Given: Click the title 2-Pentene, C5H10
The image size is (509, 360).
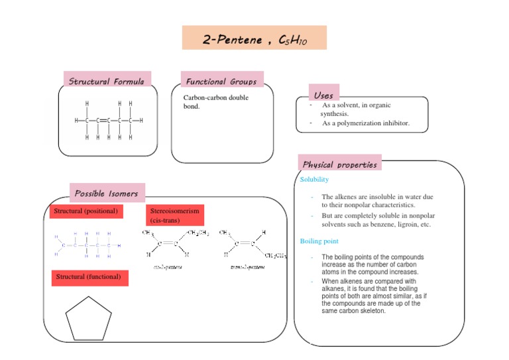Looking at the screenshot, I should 254,38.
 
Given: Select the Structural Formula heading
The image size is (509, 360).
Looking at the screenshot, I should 107,82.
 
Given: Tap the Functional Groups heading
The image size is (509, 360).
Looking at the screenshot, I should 221,82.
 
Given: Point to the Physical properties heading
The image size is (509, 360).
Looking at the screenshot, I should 340,164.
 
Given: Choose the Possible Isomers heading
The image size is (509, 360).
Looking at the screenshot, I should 106,194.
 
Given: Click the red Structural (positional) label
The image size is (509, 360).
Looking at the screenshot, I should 86,211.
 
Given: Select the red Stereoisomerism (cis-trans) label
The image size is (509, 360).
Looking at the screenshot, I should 174,215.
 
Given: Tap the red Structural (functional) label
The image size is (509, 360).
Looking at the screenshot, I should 87,276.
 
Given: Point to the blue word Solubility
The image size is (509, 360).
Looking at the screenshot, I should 314,180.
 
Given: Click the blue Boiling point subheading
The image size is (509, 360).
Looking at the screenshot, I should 319,241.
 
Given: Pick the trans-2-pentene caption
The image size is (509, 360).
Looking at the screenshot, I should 245,267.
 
